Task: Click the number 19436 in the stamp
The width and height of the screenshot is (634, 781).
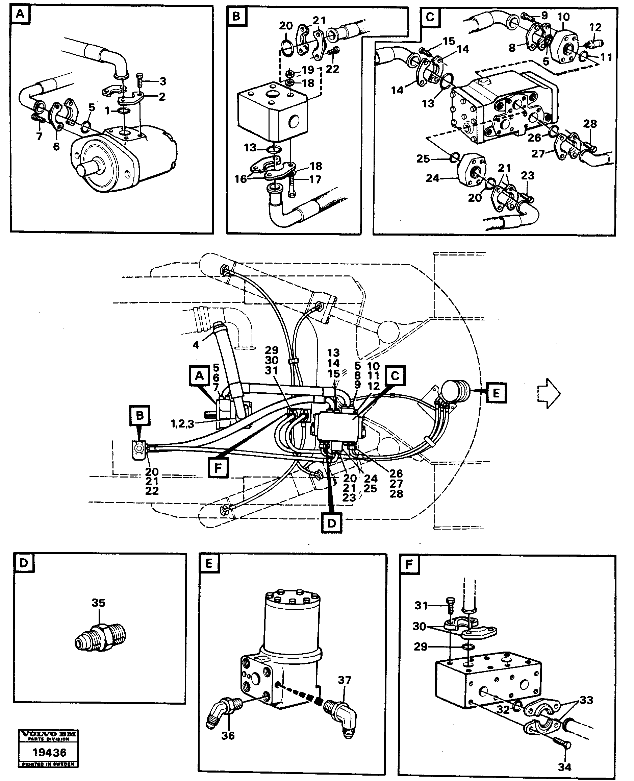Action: tap(49, 752)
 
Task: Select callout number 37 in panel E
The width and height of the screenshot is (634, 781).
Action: tap(345, 680)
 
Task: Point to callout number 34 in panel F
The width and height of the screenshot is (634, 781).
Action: tap(564, 767)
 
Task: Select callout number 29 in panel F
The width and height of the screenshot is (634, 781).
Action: tap(420, 646)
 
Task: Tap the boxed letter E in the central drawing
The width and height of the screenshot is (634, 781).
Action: tap(496, 393)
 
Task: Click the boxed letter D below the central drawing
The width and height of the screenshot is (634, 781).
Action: tap(332, 523)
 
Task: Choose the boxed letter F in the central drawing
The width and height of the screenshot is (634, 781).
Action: tap(218, 468)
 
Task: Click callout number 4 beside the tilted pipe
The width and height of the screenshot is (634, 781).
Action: tap(196, 344)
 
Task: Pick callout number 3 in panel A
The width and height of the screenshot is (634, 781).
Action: tap(163, 81)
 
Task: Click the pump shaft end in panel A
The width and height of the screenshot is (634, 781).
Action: tap(86, 171)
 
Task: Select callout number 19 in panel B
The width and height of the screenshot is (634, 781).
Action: tap(308, 69)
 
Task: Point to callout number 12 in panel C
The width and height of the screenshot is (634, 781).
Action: tap(595, 27)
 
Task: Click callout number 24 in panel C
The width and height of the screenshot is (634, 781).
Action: tap(433, 178)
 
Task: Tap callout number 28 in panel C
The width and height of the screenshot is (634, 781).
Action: tap(590, 124)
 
